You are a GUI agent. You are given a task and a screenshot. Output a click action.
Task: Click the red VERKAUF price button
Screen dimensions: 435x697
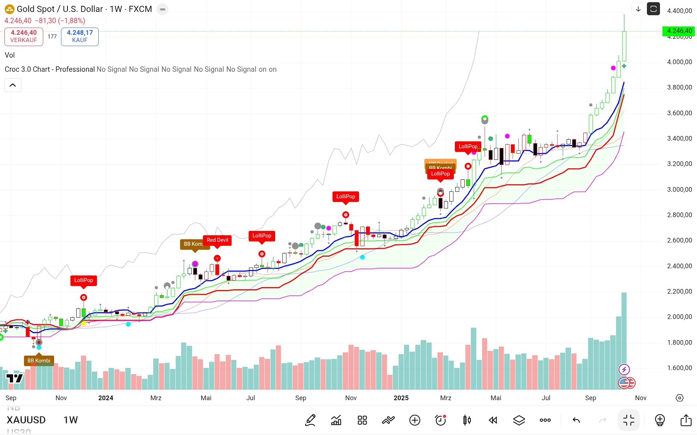coord(24,36)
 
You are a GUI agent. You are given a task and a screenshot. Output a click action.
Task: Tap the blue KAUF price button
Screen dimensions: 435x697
coord(80,36)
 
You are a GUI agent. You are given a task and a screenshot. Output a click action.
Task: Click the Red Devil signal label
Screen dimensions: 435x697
coord(217,240)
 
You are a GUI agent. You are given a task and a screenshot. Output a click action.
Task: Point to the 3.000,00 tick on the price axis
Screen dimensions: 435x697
coord(679,189)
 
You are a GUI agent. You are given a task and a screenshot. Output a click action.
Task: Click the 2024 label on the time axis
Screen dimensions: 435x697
coord(106,398)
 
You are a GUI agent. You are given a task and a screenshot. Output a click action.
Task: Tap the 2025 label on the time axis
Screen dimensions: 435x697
coord(401,398)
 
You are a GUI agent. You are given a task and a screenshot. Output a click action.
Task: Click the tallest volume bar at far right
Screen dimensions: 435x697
coord(624,341)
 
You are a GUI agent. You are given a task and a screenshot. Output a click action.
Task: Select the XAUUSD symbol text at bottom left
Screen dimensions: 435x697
coord(26,420)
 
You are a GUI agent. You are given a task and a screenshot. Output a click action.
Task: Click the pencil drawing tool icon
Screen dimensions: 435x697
coord(310,420)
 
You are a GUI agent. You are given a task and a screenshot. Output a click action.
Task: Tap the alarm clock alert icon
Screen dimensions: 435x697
coord(440,420)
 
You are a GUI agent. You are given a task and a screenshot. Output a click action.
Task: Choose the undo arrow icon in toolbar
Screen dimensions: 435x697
coord(576,420)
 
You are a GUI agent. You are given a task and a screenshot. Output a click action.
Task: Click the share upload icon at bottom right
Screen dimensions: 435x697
coord(686,420)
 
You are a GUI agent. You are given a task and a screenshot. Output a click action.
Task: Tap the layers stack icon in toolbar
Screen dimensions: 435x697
coord(519,420)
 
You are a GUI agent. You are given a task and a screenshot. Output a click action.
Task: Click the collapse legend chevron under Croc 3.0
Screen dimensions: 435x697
coord(13,85)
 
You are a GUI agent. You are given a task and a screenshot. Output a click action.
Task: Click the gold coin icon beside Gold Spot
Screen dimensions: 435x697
coord(9,9)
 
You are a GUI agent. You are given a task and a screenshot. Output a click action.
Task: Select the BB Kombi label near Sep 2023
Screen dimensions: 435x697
coord(39,360)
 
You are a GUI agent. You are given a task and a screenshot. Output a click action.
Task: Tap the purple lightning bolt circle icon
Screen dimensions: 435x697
coord(624,369)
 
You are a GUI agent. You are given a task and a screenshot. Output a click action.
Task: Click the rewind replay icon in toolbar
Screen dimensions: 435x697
coord(493,420)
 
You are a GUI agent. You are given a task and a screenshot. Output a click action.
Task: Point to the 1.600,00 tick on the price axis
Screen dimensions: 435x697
coord(679,368)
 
